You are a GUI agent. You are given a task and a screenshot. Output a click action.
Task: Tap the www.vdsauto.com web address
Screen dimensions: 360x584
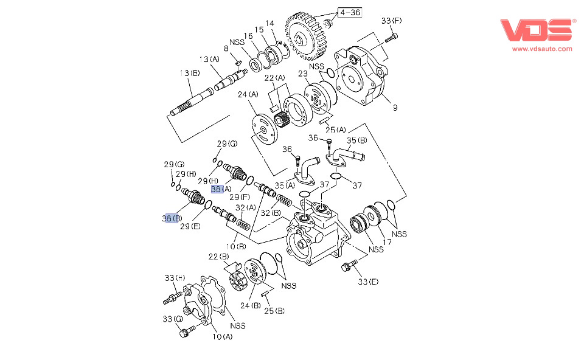click(x=541, y=49)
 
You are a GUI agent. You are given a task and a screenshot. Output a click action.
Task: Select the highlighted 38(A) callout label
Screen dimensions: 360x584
click(x=222, y=189)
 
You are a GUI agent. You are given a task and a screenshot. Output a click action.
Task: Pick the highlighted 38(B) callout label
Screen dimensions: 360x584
click(x=172, y=218)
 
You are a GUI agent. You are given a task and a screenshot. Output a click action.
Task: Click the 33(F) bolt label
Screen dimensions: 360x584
click(x=392, y=21)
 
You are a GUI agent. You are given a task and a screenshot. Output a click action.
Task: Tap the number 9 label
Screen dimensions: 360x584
click(x=395, y=108)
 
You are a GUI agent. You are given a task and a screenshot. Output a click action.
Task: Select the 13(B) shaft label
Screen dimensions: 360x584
click(x=189, y=73)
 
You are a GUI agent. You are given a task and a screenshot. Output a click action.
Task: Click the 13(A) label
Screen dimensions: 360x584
click(x=209, y=59)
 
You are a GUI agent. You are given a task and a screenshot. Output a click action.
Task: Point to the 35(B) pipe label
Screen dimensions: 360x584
click(x=358, y=141)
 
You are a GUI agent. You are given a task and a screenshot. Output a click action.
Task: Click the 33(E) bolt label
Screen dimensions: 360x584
click(x=368, y=281)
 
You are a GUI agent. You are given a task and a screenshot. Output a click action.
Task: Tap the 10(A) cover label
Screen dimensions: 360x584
click(x=222, y=336)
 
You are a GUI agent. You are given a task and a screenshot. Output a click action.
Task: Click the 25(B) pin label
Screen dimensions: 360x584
click(x=274, y=311)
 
